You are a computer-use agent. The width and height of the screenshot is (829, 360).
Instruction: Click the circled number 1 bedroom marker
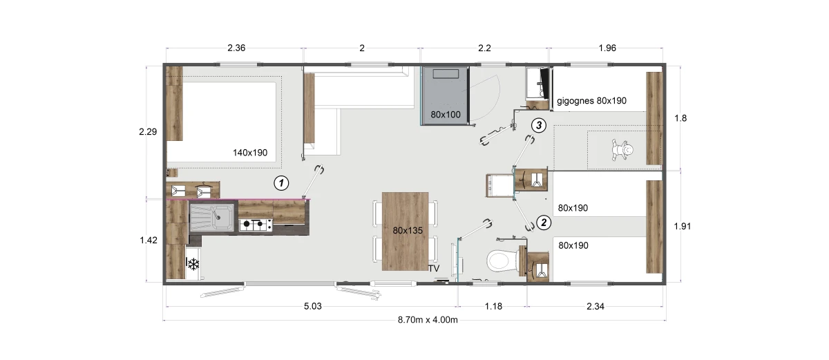pyautogui.click(x=281, y=183)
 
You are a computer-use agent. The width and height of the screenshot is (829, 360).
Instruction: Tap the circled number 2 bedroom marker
pyautogui.click(x=544, y=222)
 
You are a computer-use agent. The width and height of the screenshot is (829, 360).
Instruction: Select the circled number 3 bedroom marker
pyautogui.click(x=538, y=126)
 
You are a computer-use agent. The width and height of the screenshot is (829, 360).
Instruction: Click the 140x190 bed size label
pyautogui.click(x=250, y=153)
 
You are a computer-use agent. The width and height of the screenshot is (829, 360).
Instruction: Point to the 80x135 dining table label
pyautogui.click(x=408, y=231)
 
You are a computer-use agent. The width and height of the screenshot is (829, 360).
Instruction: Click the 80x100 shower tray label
pyautogui.click(x=446, y=115)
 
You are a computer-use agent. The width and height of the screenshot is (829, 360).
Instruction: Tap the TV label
pyautogui.click(x=434, y=268)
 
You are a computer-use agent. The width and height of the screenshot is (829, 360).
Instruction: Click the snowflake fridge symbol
pyautogui.click(x=193, y=264)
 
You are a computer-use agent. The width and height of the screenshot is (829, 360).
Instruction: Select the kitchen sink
pyautogui.click(x=211, y=217)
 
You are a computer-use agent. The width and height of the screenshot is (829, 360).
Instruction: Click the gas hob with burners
pyautogui.click(x=256, y=225)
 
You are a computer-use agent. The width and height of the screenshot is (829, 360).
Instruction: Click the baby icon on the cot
pyautogui.click(x=622, y=150)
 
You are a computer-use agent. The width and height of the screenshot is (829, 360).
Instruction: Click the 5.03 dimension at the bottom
pyautogui.click(x=313, y=306)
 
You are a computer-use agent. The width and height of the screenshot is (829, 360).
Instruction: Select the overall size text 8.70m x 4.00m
pyautogui.click(x=428, y=320)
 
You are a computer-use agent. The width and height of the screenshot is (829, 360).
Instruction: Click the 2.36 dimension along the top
pyautogui.click(x=236, y=48)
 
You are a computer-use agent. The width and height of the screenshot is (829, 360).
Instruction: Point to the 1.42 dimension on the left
pyautogui.click(x=149, y=240)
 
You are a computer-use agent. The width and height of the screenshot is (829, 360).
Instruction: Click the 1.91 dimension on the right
pyautogui.click(x=682, y=226)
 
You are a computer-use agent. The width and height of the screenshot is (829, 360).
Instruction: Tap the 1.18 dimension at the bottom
pyautogui.click(x=493, y=306)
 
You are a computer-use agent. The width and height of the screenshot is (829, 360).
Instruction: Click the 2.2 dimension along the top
pyautogui.click(x=484, y=48)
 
